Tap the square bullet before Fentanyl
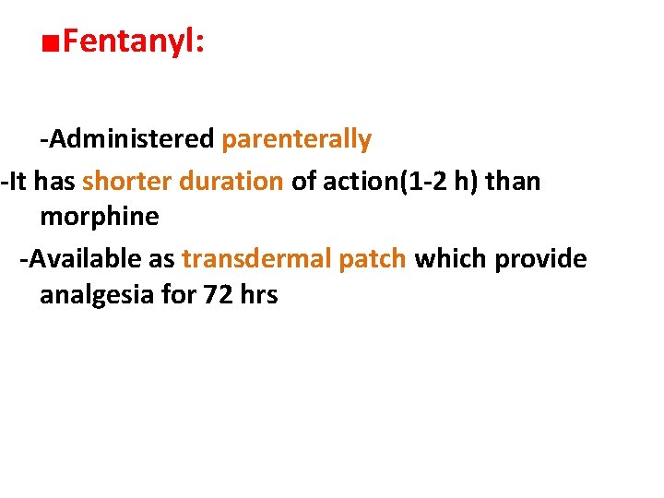coord(52,43)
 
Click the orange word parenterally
coord(297,140)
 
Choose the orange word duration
coord(231,181)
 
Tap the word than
coord(513,181)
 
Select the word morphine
coord(100,219)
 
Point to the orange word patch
coord(372,259)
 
